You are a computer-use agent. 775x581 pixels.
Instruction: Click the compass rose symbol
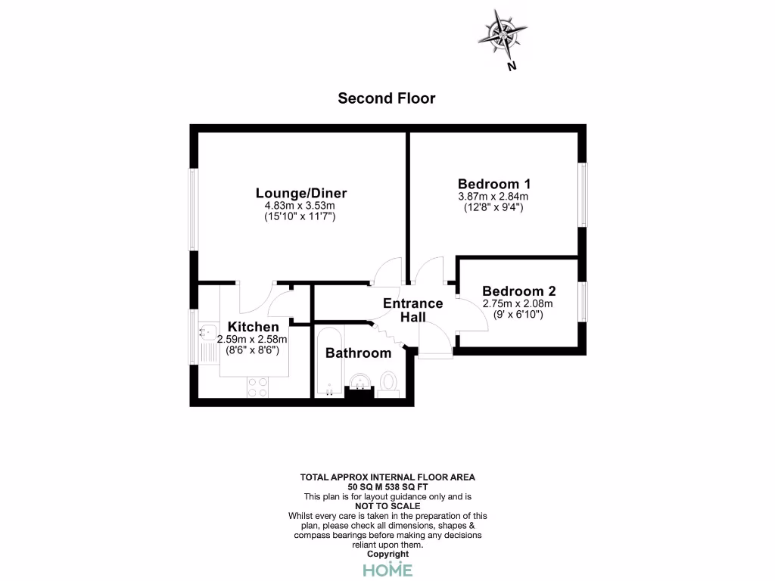[x=503, y=34]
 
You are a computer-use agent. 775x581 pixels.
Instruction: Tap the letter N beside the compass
[x=512, y=67]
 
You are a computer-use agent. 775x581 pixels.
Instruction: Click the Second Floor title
[x=386, y=98]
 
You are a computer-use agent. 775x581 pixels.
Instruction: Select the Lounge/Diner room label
[x=300, y=193]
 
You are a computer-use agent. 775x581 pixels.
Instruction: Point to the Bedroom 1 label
[x=494, y=184]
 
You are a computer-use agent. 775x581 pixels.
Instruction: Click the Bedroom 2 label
[x=518, y=291]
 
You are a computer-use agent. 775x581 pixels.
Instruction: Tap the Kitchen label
[x=248, y=327]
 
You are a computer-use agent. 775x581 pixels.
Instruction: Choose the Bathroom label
[x=358, y=353]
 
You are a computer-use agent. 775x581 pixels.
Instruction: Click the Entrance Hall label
[x=412, y=310]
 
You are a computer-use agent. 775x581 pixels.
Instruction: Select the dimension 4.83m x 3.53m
[x=300, y=206]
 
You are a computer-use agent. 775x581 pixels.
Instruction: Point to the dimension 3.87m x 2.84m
[x=494, y=197]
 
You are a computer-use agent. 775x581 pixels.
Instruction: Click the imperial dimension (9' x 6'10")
[x=518, y=315]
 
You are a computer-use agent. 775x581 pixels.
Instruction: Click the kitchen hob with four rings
[x=257, y=387]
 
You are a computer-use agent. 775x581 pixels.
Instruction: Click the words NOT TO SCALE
[x=387, y=506]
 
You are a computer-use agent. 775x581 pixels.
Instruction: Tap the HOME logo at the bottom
[x=387, y=570]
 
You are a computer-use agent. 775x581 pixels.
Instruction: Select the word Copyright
[x=387, y=555]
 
